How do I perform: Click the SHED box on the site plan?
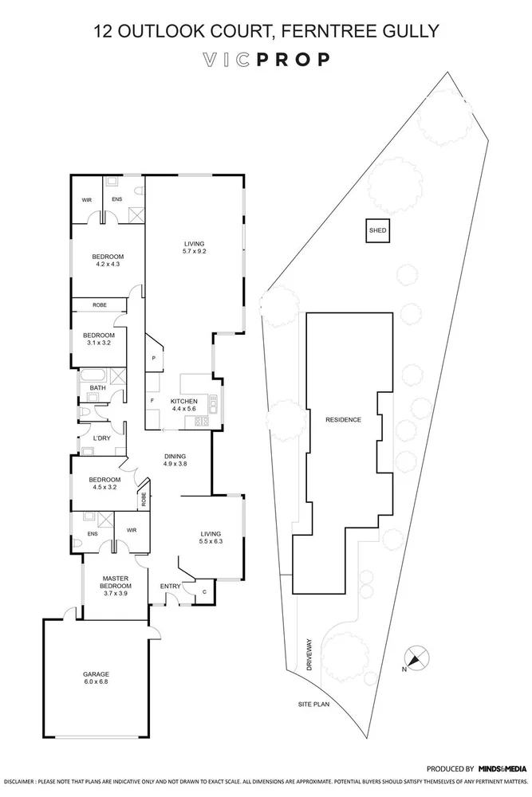click(377, 231)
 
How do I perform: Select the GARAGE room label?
click(95, 673)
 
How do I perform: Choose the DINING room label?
click(175, 456)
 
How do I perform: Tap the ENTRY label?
click(170, 587)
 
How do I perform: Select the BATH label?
click(97, 388)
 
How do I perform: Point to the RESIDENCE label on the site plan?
click(344, 419)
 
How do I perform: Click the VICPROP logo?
click(266, 59)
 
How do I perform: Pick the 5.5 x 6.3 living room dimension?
click(210, 542)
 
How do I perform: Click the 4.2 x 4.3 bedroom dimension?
click(109, 264)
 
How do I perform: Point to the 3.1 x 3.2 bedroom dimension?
click(100, 344)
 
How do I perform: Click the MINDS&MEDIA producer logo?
click(502, 769)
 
